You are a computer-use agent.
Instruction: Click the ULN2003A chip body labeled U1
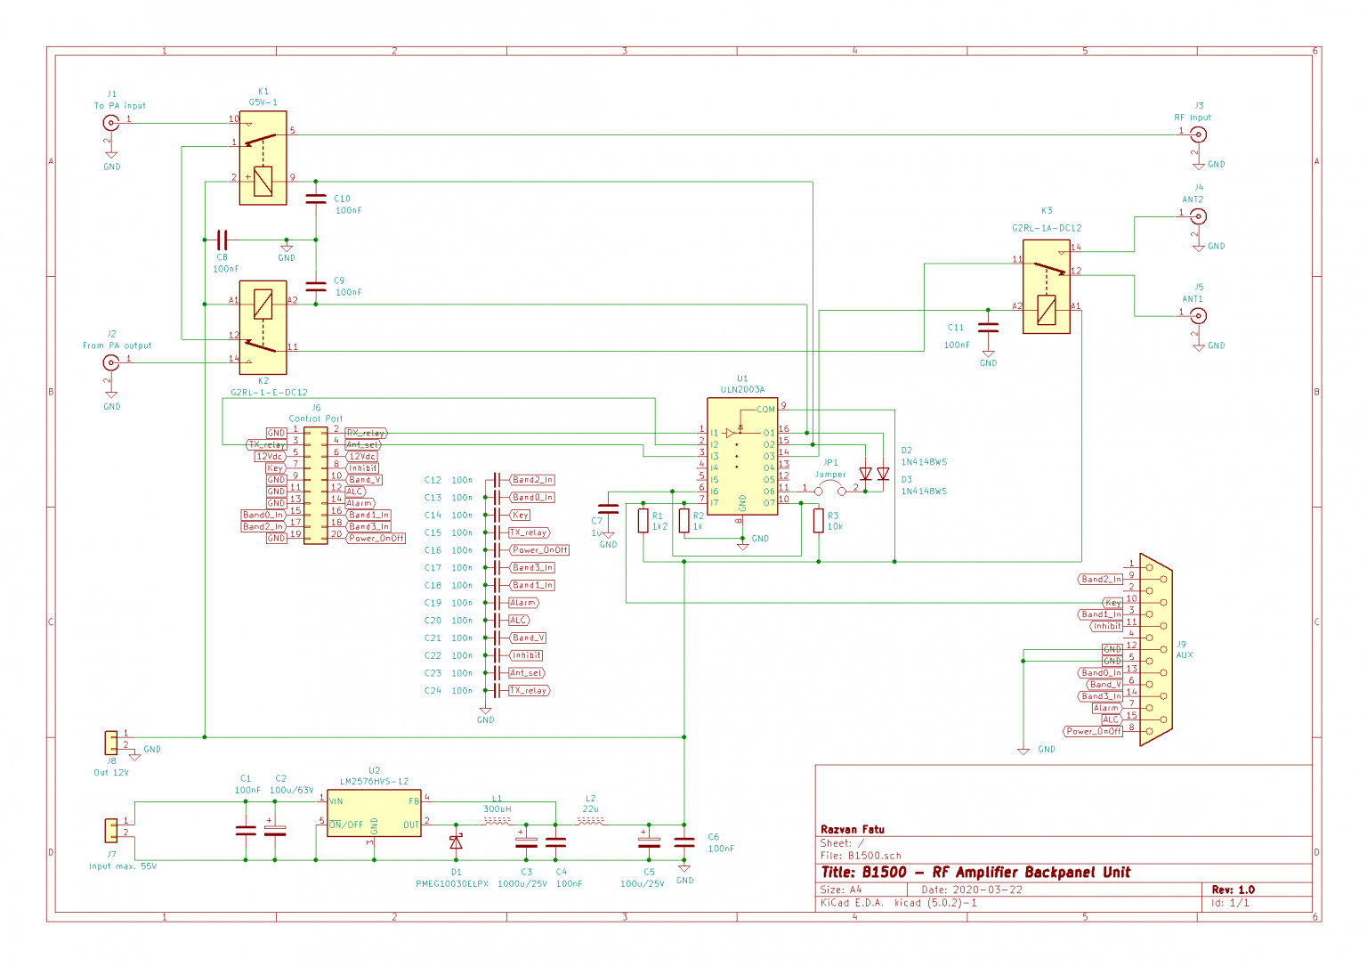tap(742, 455)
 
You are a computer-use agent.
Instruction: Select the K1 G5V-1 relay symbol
tap(263, 158)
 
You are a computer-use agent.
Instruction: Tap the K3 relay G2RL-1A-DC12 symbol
tap(1047, 286)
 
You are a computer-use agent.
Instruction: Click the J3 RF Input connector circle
tap(1199, 135)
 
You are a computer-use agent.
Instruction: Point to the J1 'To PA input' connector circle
tap(111, 124)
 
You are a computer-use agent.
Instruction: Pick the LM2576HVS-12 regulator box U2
tap(374, 812)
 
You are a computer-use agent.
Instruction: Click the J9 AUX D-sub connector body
tap(1155, 654)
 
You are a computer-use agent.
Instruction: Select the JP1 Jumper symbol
tap(830, 490)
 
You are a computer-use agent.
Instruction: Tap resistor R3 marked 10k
tap(818, 521)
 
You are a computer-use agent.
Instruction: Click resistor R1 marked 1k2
tap(643, 521)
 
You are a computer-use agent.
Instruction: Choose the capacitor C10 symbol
tap(316, 199)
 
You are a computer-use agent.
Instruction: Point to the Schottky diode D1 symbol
tap(456, 841)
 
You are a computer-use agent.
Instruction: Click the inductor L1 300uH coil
tap(497, 822)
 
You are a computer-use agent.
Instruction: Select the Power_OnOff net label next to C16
tap(539, 550)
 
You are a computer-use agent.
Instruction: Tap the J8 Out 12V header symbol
tap(111, 742)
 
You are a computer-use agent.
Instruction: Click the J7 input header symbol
tap(111, 830)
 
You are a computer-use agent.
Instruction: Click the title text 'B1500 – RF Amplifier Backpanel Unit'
tap(975, 873)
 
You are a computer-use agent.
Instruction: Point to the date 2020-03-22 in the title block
tap(984, 890)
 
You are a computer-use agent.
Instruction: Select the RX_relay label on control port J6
tap(366, 434)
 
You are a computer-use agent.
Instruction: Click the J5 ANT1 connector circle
tap(1199, 316)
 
